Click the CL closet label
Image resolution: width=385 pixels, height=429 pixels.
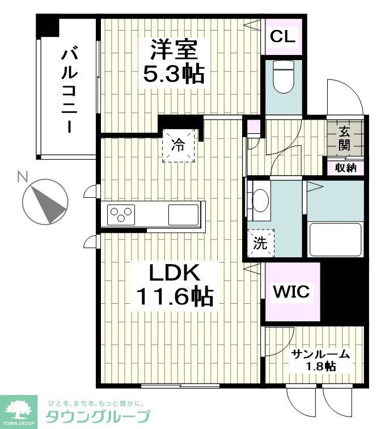[282, 37]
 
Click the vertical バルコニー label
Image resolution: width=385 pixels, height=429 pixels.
[70, 91]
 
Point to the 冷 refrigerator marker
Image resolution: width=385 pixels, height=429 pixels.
[179, 146]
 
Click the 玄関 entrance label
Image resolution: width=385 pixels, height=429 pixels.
[345, 138]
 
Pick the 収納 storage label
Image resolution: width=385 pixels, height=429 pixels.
[345, 168]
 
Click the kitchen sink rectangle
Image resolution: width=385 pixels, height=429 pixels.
[183, 215]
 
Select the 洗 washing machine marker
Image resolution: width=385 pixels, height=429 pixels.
[260, 244]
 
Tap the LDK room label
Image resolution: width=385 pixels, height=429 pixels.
[174, 273]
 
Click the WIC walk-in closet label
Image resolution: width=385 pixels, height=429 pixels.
[291, 292]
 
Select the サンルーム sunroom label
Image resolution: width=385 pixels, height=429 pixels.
[320, 355]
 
